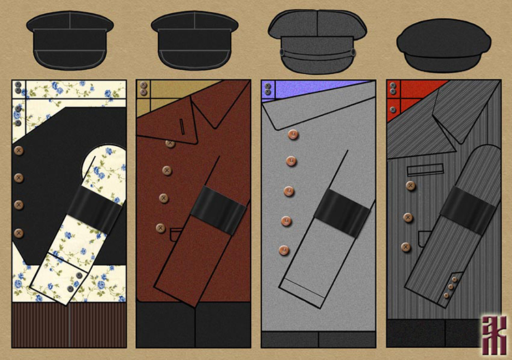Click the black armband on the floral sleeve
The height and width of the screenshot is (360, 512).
(93, 206)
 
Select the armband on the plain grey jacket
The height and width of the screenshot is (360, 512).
(342, 210)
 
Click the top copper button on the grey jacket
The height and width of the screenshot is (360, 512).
(292, 135)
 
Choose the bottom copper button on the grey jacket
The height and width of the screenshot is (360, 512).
(284, 250)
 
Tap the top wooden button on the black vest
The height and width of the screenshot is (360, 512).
(18, 150)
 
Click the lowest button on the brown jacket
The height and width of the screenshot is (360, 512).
(160, 227)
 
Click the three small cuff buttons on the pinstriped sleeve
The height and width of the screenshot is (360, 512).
(451, 288)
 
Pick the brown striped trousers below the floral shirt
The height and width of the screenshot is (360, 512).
(69, 327)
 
